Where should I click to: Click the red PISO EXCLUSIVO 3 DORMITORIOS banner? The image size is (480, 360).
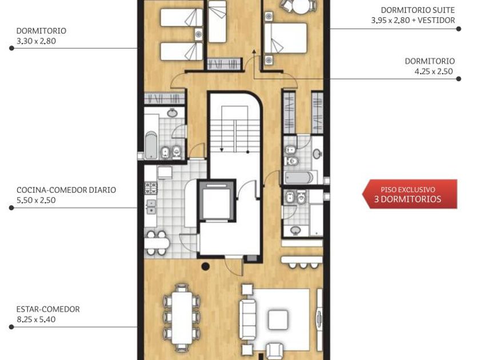(410, 194)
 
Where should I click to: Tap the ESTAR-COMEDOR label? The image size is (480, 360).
(48, 309)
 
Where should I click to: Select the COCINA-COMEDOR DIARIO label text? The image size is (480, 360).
(66, 190)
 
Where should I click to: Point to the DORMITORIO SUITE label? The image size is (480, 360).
(418, 10)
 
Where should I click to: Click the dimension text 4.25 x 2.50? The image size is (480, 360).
(434, 71)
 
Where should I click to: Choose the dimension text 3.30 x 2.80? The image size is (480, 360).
(36, 41)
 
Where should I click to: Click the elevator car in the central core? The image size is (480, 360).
(216, 201)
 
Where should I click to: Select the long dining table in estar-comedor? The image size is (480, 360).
(182, 318)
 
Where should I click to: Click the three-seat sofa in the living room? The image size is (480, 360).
(247, 319)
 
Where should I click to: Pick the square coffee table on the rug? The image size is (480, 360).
(278, 319)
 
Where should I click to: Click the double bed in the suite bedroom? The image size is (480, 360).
(286, 38)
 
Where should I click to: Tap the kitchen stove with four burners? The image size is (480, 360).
(151, 188)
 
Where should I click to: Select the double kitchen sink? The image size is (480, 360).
(151, 207)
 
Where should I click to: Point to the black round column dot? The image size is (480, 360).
(206, 266)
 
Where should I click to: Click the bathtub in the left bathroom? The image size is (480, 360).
(151, 145)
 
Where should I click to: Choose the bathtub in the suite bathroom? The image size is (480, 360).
(299, 178)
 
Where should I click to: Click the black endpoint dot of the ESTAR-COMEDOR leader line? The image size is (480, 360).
(11, 327)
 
